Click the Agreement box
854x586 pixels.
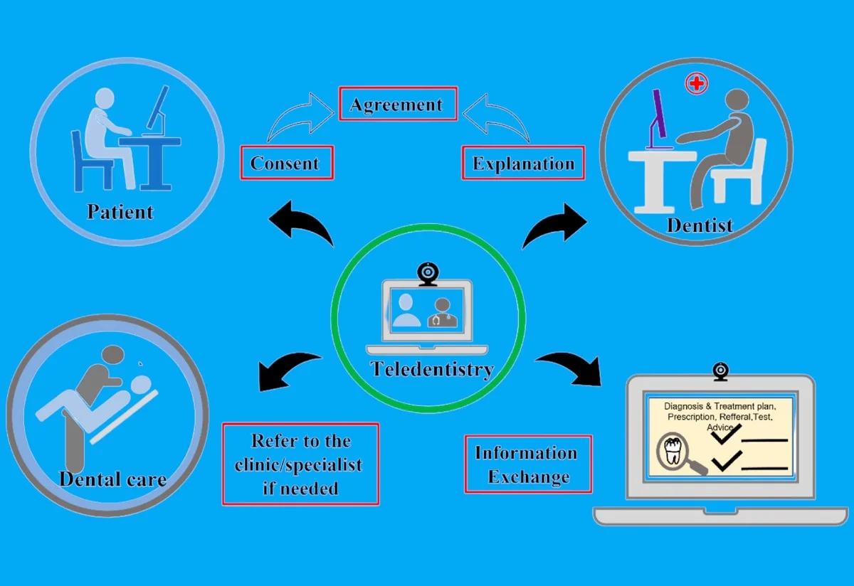click(x=397, y=105)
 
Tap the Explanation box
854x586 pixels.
click(x=523, y=163)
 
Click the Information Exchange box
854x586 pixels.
click(x=527, y=464)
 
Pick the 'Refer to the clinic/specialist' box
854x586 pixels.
click(x=300, y=464)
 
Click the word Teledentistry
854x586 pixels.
click(x=431, y=370)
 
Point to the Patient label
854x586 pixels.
click(x=120, y=211)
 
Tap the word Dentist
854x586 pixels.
click(x=700, y=225)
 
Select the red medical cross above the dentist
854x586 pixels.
click(x=696, y=84)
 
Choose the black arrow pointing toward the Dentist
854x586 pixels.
click(x=554, y=225)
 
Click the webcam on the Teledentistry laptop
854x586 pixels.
click(x=427, y=273)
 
